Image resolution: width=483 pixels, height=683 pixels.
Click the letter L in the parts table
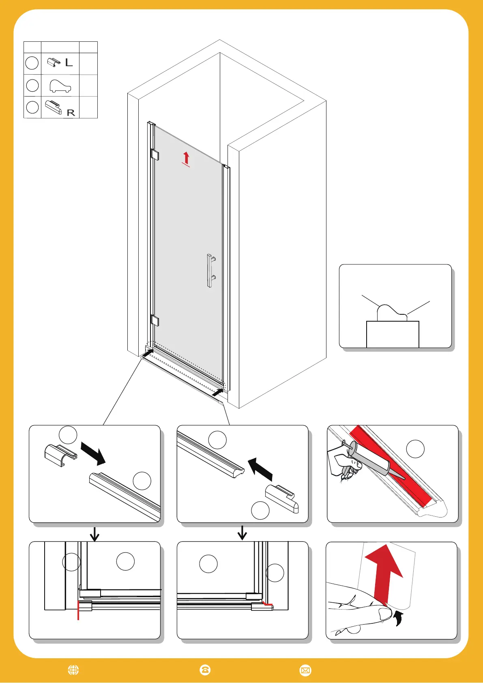tap(69, 63)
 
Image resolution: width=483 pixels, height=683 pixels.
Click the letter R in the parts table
tap(71, 113)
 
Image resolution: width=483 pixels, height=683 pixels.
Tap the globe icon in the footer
tap(73, 670)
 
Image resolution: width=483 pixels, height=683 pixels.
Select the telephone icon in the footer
tap(205, 670)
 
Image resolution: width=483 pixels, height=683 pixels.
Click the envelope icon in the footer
tap(305, 670)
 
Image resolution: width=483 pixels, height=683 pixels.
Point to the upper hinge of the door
tap(155, 155)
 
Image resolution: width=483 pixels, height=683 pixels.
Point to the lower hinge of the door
tap(155, 320)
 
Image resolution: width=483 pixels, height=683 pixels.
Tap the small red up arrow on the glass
tap(186, 158)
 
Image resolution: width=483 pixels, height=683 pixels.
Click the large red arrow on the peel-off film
tap(384, 572)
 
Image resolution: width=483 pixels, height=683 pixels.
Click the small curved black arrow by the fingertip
tap(399, 619)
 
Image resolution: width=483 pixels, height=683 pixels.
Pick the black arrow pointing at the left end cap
tap(93, 453)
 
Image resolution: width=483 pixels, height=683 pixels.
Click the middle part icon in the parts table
tap(60, 86)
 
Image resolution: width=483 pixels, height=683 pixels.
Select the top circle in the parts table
tap(32, 63)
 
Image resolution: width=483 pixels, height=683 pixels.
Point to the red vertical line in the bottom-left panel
tap(78, 610)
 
